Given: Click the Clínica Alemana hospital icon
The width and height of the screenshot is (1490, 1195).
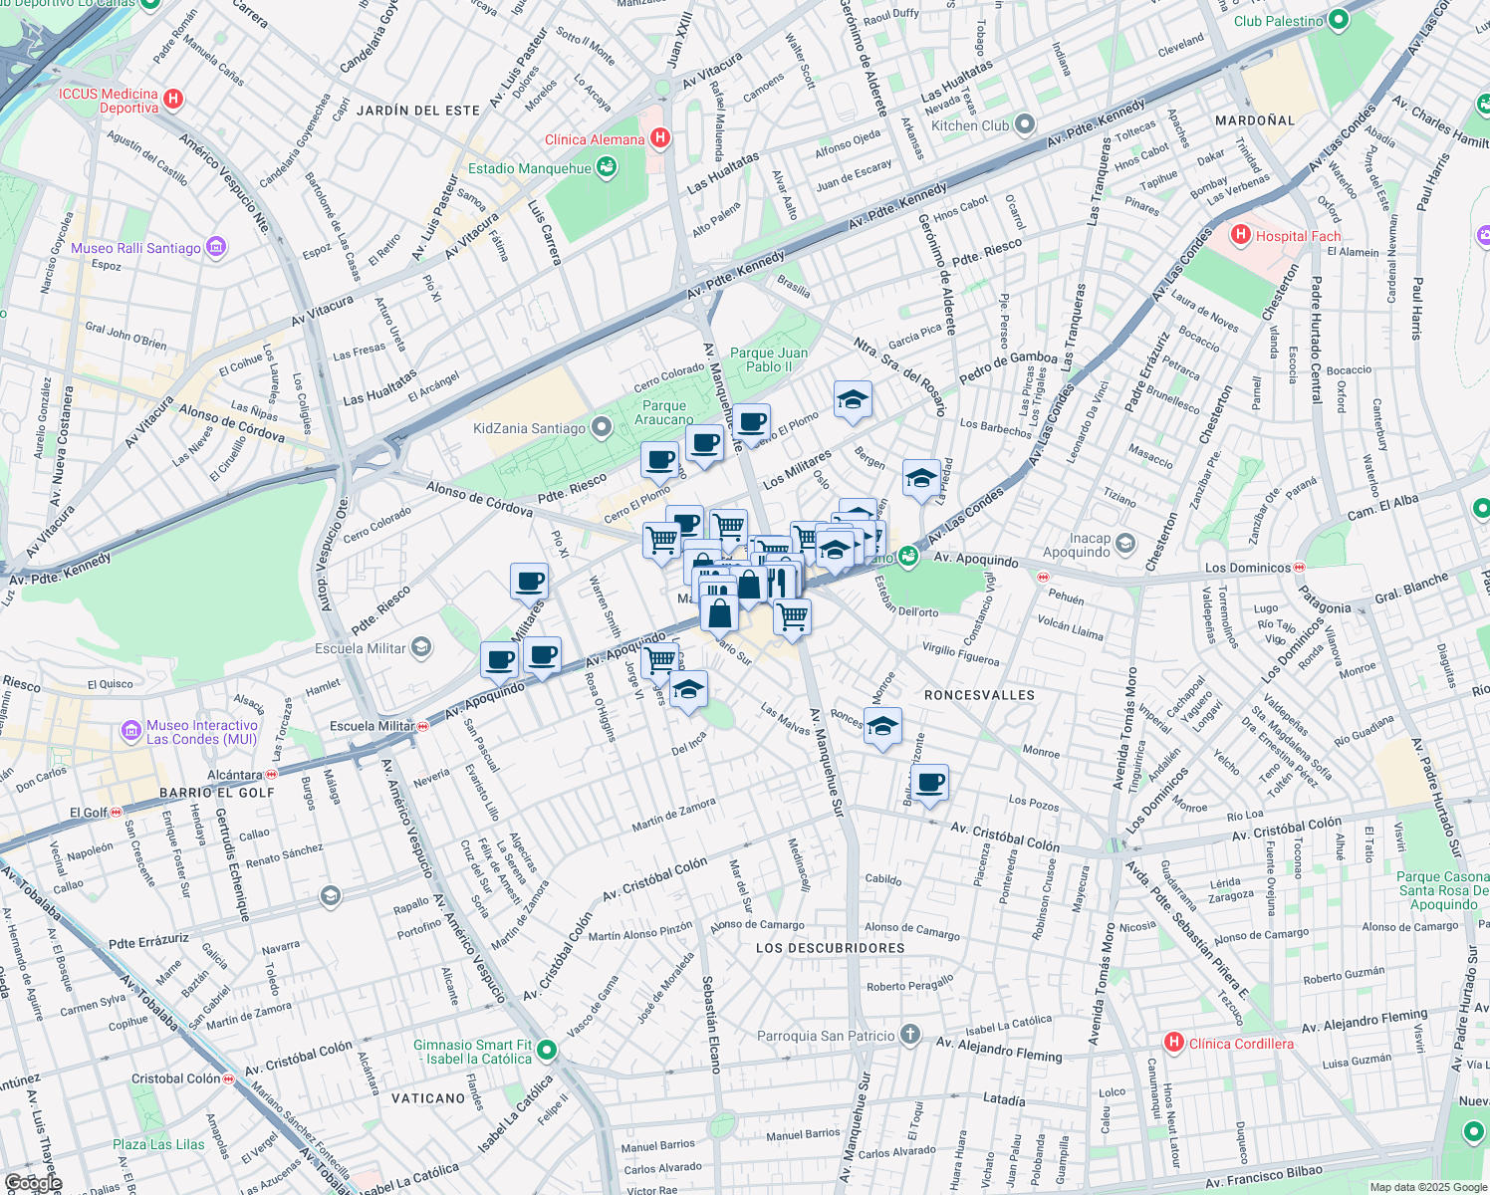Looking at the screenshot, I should click(659, 139).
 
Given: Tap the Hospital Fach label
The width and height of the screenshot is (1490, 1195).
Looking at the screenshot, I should click(1298, 236).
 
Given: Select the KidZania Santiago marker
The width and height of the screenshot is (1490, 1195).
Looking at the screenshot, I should click(601, 428).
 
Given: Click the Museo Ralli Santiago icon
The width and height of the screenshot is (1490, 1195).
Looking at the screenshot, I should click(216, 247).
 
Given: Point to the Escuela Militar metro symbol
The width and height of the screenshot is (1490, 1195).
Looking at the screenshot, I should click(423, 726).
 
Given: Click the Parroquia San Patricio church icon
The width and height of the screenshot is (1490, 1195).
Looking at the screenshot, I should click(909, 1035).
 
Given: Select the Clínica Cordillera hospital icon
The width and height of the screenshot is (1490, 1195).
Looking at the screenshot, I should click(1174, 1043).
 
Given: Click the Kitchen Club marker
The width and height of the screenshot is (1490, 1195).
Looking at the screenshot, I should click(1025, 125).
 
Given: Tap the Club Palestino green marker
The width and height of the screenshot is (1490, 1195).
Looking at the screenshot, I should click(1339, 19).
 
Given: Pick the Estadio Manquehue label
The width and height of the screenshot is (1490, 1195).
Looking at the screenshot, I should click(530, 168).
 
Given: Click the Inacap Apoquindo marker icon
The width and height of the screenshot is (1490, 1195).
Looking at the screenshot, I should click(1124, 544).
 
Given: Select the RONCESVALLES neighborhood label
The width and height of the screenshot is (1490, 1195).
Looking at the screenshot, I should click(979, 695).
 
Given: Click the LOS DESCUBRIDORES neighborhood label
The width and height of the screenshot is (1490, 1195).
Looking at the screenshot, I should click(830, 948).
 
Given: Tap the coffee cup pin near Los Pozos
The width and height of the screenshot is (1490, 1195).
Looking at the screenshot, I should click(929, 784).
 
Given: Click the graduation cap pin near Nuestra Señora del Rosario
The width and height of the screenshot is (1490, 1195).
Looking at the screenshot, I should click(853, 400).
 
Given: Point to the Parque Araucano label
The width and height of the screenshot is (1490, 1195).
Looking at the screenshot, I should click(663, 412).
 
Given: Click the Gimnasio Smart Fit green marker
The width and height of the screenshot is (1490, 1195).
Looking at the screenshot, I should click(547, 1050).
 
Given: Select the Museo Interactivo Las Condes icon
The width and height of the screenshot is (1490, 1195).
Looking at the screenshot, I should click(131, 732).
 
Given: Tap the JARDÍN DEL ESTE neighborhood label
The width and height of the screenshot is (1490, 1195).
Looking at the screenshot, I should click(417, 111).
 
